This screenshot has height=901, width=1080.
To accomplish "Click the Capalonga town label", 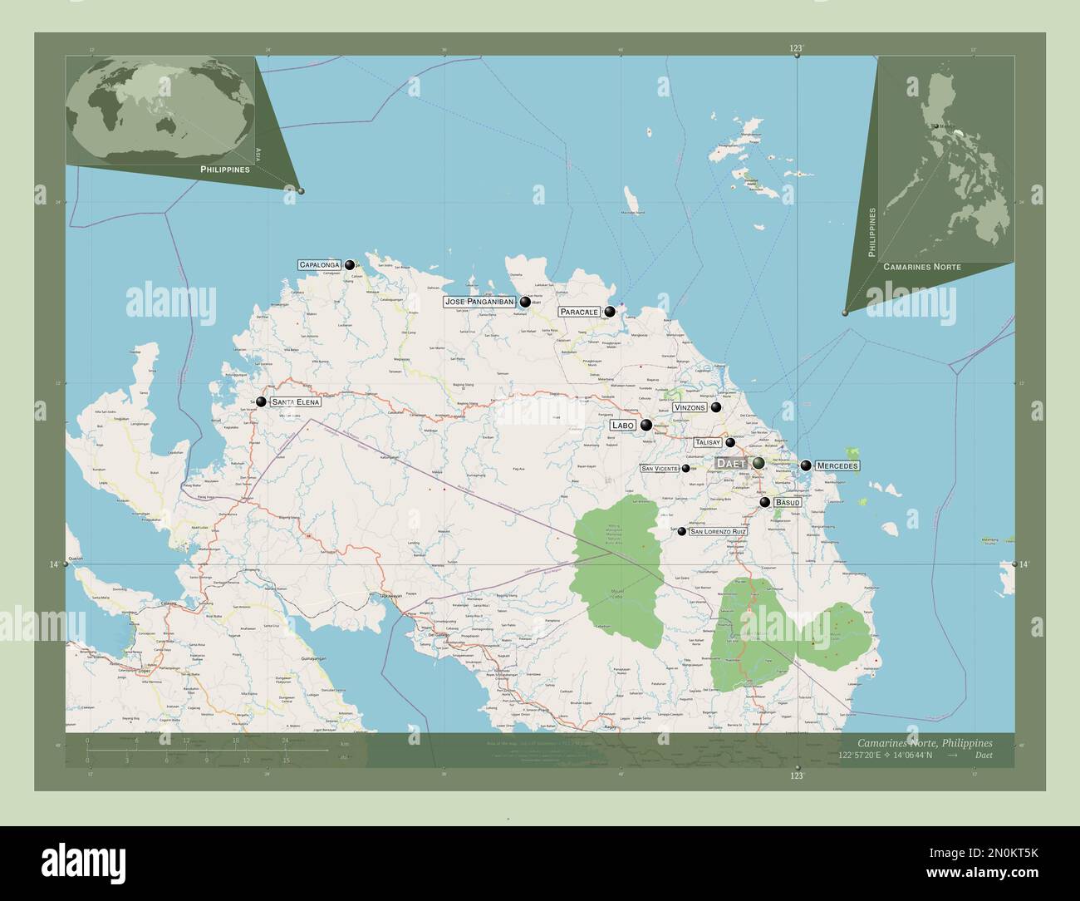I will pos(320,264).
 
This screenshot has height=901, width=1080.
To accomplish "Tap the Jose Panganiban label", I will pos(479,302).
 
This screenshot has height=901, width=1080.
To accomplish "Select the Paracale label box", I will pos(579,312).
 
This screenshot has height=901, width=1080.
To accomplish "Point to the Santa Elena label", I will pos(297,401).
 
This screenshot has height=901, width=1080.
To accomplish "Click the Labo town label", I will pos(623,425).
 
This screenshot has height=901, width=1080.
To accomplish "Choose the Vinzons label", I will pos(690,407).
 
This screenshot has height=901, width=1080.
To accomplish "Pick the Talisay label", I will pos(708,443).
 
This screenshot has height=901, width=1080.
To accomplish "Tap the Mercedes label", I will pos(837,465).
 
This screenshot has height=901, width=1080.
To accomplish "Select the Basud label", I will pos(788,503).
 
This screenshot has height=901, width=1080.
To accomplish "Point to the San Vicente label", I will pos(660,468).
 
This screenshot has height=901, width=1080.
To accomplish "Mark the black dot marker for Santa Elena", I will pos(261,401).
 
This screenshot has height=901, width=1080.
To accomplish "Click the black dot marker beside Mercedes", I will pos(806,465).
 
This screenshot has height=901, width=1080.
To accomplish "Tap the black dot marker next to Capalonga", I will pos(350,264).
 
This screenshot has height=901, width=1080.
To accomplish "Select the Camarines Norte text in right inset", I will pos(922,267).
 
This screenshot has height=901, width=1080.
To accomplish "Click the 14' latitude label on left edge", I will pos(54,564).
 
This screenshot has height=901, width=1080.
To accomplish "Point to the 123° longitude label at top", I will pos(796,49).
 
